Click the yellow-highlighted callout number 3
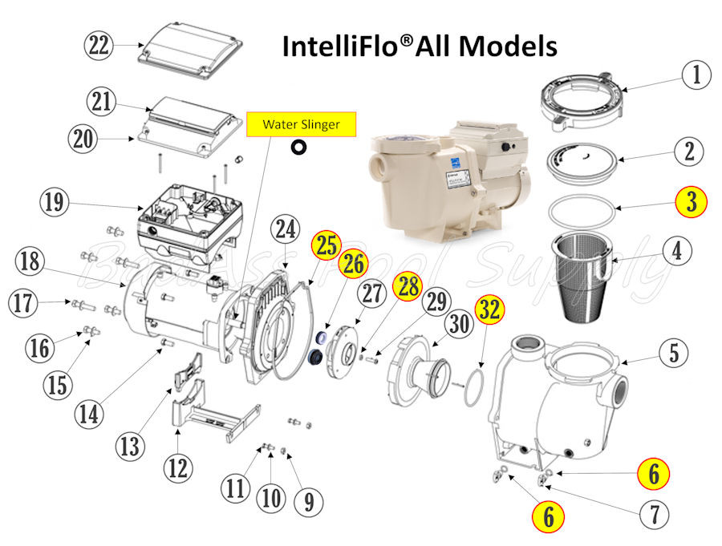click(x=689, y=202)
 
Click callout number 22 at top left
click(x=99, y=46)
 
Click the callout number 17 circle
click(x=24, y=304)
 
